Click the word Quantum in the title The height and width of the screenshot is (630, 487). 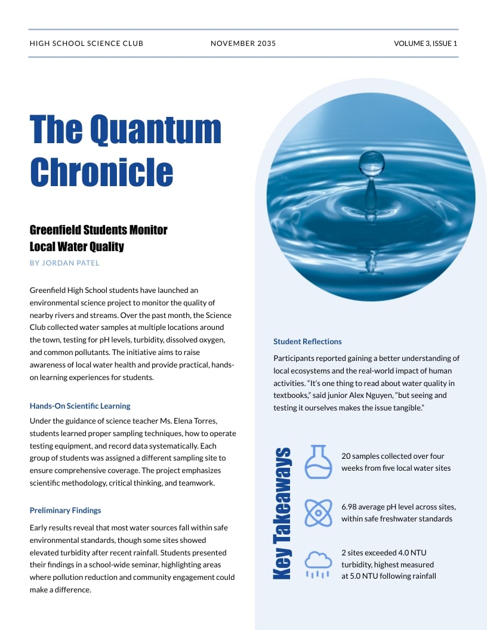(156, 129)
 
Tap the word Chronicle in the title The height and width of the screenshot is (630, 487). (101, 171)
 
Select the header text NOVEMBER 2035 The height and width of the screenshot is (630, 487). (243, 44)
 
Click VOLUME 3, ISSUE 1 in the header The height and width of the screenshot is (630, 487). (426, 44)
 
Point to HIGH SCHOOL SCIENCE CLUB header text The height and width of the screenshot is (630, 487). (87, 44)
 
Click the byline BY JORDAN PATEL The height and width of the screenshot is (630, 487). (64, 263)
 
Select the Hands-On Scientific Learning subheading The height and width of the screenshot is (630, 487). (80, 406)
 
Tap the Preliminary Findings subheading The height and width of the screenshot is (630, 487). (66, 511)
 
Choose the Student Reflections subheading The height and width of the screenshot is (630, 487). (307, 342)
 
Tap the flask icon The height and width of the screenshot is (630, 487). (318, 462)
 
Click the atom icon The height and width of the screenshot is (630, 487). (318, 512)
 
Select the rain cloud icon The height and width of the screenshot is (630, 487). (318, 564)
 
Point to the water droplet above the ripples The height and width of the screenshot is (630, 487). (371, 163)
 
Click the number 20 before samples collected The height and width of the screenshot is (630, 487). (346, 456)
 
